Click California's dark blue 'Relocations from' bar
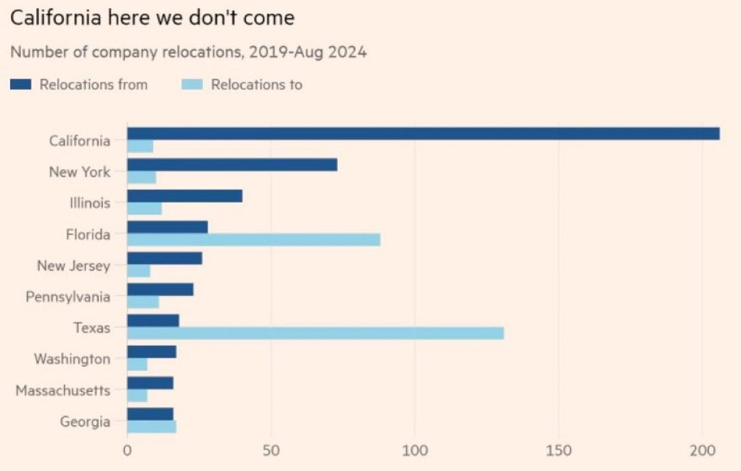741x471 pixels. [423, 134]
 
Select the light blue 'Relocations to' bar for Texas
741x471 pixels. [315, 333]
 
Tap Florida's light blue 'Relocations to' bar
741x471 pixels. [253, 239]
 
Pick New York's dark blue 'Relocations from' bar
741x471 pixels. [232, 165]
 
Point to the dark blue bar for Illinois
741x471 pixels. [185, 196]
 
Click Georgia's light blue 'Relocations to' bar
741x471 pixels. [151, 427]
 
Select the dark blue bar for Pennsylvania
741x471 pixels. [160, 290]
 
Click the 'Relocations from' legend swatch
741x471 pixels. [20, 85]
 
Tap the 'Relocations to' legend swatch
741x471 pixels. [192, 85]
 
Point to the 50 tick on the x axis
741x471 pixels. [271, 451]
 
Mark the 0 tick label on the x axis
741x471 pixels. [127, 451]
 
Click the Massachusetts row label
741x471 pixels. [63, 391]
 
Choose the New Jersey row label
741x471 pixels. [74, 266]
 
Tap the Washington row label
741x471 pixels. [72, 359]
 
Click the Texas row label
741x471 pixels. [92, 328]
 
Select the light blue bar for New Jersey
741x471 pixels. [138, 271]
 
